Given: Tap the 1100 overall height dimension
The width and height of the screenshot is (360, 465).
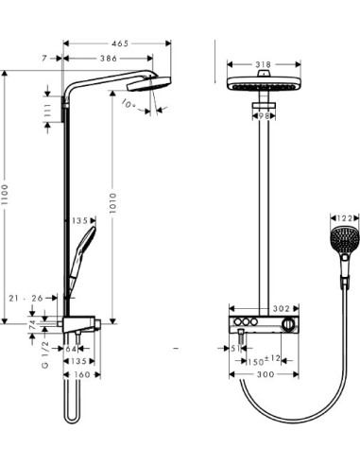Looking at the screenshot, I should pyautogui.click(x=8, y=195).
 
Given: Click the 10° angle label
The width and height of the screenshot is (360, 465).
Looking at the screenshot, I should pyautogui.click(x=129, y=105).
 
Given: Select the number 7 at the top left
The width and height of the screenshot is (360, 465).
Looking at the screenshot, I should pyautogui.click(x=44, y=59).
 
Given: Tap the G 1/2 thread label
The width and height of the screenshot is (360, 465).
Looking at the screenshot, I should pyautogui.click(x=43, y=358).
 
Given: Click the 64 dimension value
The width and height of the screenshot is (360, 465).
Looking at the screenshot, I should pyautogui.click(x=72, y=348).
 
